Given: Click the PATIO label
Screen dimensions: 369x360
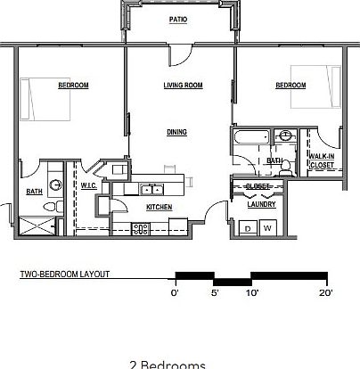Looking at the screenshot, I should click(x=179, y=19).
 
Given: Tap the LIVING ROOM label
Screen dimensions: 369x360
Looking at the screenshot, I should click(x=183, y=86).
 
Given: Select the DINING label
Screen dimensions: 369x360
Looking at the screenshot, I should click(x=176, y=132).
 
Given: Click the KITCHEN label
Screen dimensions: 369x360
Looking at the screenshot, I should click(x=159, y=207).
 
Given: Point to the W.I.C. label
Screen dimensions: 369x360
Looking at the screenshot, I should click(x=88, y=186).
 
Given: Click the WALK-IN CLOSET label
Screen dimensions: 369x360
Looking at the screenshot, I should click(x=321, y=161).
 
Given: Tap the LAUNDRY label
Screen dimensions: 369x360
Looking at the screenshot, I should click(x=261, y=204).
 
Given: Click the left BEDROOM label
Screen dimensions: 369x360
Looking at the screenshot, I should click(x=73, y=86).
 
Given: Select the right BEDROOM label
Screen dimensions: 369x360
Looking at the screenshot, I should click(x=290, y=86).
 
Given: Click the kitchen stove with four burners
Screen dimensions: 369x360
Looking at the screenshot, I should click(x=140, y=229).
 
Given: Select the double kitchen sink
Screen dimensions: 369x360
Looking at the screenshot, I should click(x=151, y=189).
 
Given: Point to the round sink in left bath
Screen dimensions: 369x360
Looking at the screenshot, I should click(x=56, y=185).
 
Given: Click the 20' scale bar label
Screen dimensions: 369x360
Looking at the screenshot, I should click(x=324, y=291).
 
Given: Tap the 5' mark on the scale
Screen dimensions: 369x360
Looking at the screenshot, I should click(x=214, y=291).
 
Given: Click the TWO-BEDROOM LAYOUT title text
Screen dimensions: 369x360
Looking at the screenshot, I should click(x=65, y=275).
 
